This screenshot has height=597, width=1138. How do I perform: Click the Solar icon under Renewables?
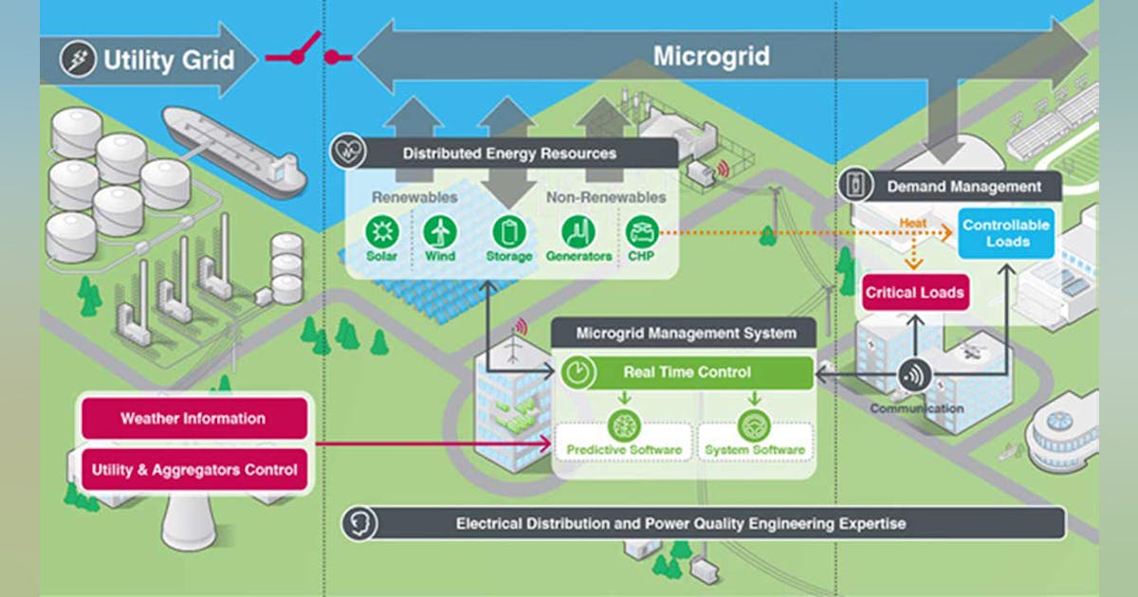(x=382, y=231)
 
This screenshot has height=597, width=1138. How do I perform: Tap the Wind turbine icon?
(x=440, y=231)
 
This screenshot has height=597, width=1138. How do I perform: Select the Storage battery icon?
(x=508, y=231)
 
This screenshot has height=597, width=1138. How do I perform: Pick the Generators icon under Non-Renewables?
(x=578, y=231)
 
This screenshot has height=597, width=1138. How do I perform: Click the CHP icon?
(x=642, y=231)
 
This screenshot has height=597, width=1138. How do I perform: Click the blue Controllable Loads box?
(x=1005, y=233)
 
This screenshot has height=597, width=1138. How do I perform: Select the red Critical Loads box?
(x=915, y=292)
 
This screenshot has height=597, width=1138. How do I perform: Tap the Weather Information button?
(x=193, y=418)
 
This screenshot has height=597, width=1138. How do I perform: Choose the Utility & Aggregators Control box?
(x=193, y=468)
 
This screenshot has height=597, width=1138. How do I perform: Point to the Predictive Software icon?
(x=624, y=424)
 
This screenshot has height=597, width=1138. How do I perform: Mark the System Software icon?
(x=755, y=424)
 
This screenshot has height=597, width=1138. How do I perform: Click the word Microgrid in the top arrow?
(x=711, y=56)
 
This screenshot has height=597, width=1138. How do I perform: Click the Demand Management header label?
(x=964, y=187)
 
